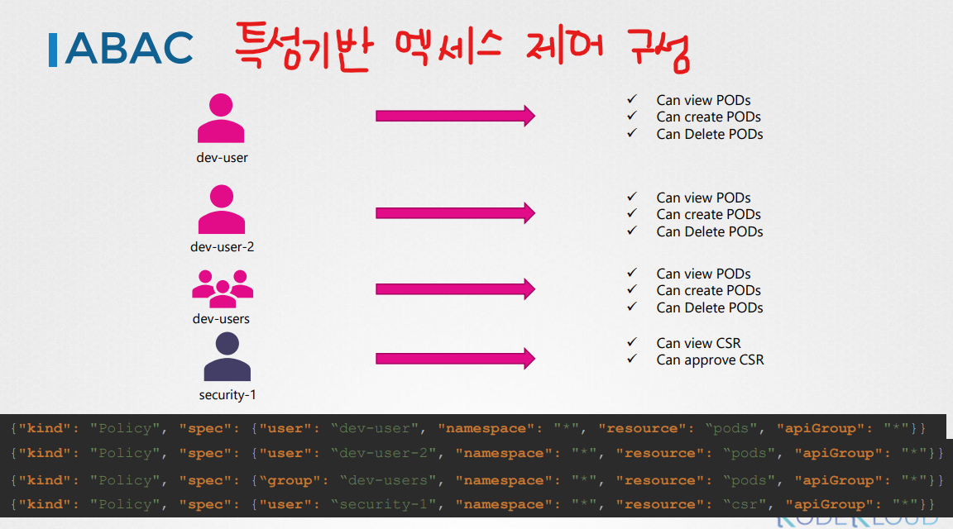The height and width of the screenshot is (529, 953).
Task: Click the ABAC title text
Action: click(128, 50)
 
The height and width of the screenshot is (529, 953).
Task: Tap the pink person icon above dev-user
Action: click(221, 119)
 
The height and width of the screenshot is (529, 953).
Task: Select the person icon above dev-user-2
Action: click(221, 210)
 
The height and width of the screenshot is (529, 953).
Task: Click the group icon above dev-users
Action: click(222, 285)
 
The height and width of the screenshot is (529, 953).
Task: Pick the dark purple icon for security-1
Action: click(227, 357)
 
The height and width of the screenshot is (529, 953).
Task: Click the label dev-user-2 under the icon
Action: click(222, 247)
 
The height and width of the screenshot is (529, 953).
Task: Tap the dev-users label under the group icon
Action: click(221, 319)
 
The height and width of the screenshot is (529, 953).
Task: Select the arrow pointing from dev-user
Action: click(455, 117)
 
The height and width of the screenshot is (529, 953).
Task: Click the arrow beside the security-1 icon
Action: click(455, 359)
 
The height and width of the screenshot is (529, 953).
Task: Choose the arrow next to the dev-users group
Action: click(455, 289)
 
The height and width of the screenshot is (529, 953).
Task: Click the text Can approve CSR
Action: click(710, 360)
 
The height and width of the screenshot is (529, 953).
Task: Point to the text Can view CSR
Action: click(698, 343)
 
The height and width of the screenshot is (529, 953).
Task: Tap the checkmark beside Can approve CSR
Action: click(632, 359)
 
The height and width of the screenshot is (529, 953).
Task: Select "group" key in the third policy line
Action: click(289, 480)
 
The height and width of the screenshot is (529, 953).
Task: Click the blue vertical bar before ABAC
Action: click(53, 50)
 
